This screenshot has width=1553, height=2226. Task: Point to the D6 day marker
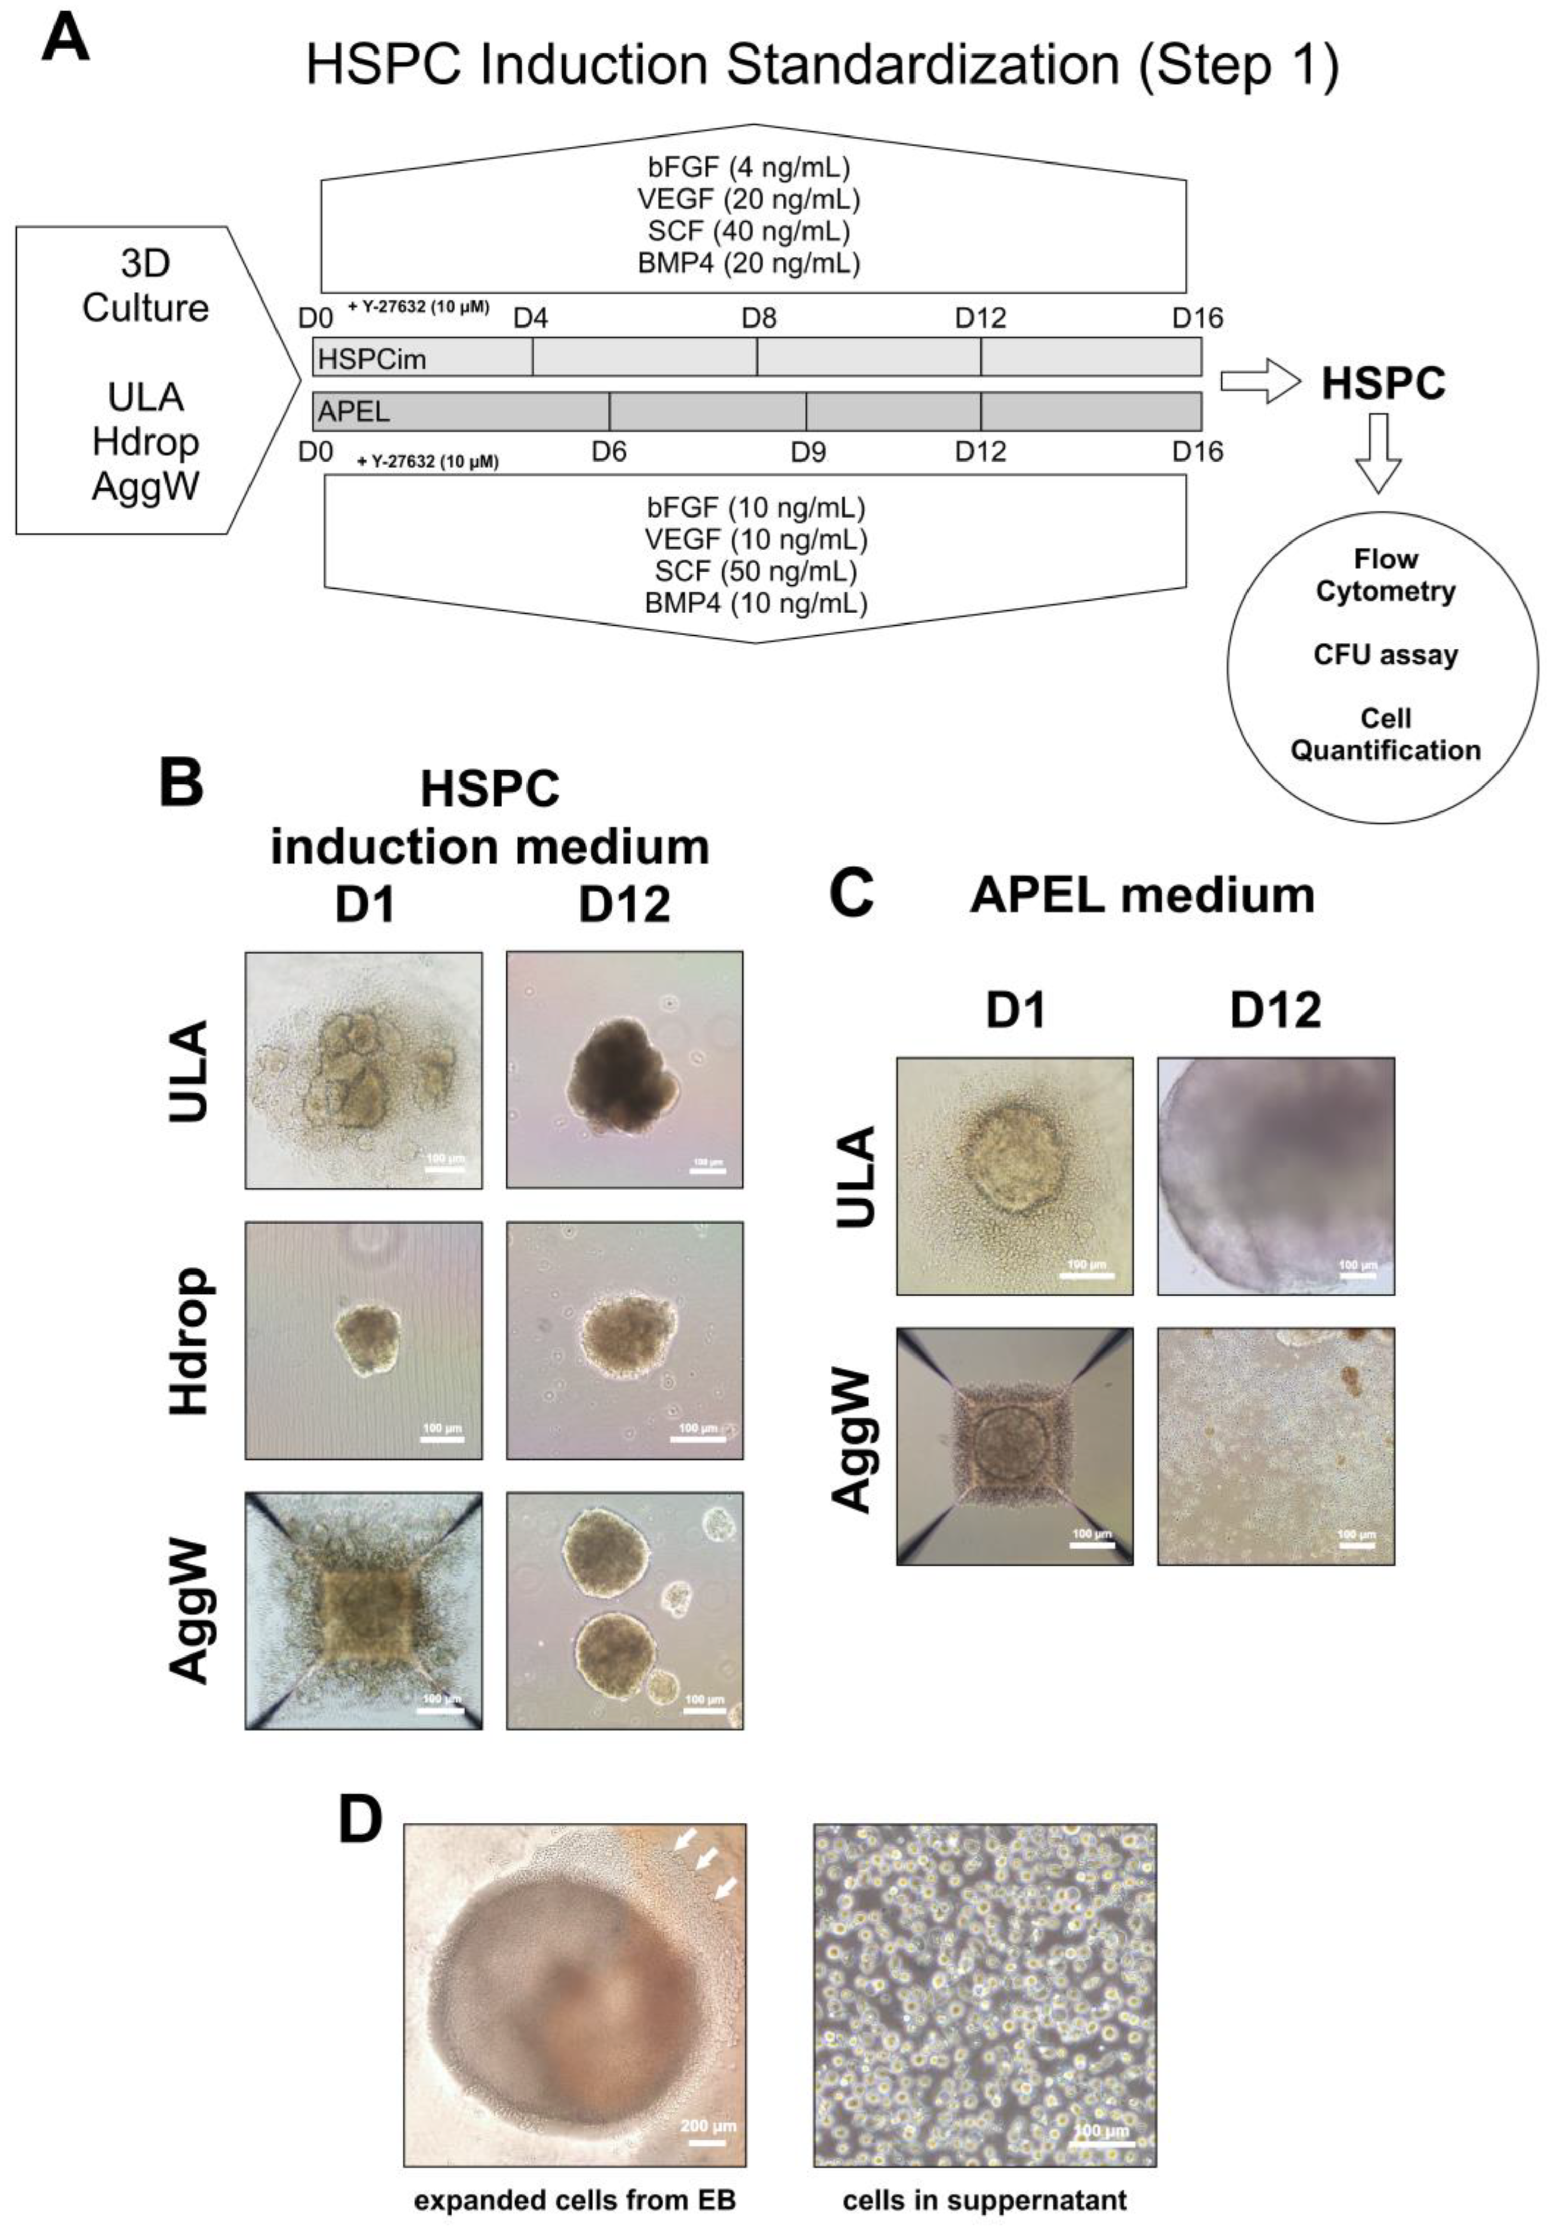click(609, 452)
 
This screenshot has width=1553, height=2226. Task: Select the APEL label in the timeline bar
click(354, 412)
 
